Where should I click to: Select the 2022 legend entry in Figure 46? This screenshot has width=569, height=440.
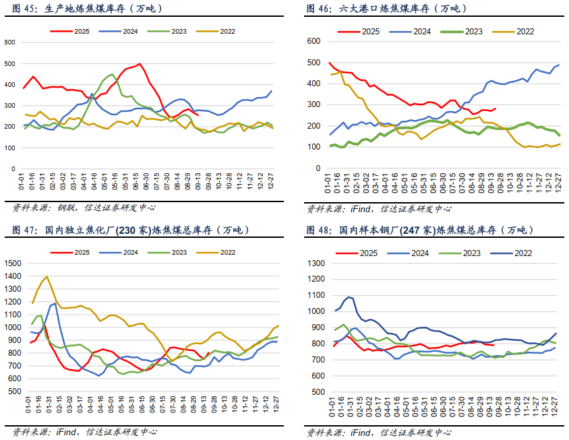click(516, 31)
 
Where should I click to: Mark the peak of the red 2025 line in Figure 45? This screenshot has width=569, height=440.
click(140, 64)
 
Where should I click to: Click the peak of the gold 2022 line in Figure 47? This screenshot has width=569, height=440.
click(47, 276)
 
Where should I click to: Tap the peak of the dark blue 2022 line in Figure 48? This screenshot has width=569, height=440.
click(349, 296)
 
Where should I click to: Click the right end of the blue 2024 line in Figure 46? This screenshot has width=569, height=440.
click(560, 65)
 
